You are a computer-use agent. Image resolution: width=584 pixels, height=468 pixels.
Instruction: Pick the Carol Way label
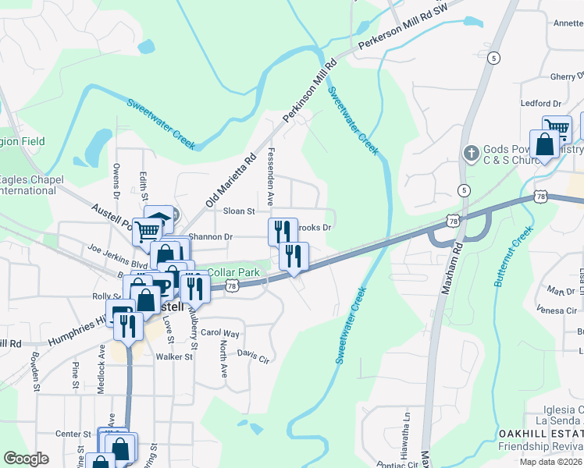[220, 333]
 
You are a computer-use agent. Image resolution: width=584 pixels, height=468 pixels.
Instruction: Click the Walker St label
[173, 357]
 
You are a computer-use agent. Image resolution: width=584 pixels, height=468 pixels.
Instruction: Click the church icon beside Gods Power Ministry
[470, 153]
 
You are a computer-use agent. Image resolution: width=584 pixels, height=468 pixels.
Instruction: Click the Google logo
[26, 459]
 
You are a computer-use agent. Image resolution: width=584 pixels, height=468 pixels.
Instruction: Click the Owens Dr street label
[116, 177]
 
